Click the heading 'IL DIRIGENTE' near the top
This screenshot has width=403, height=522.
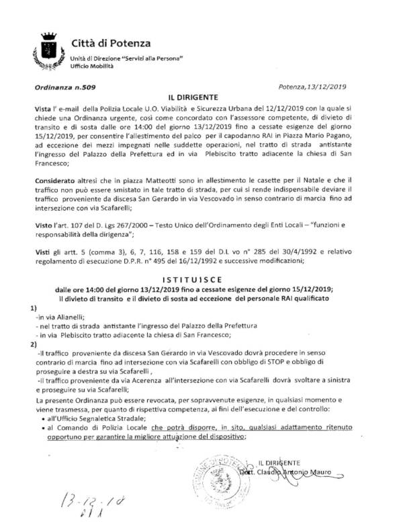pyautogui.click(x=199, y=97)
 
